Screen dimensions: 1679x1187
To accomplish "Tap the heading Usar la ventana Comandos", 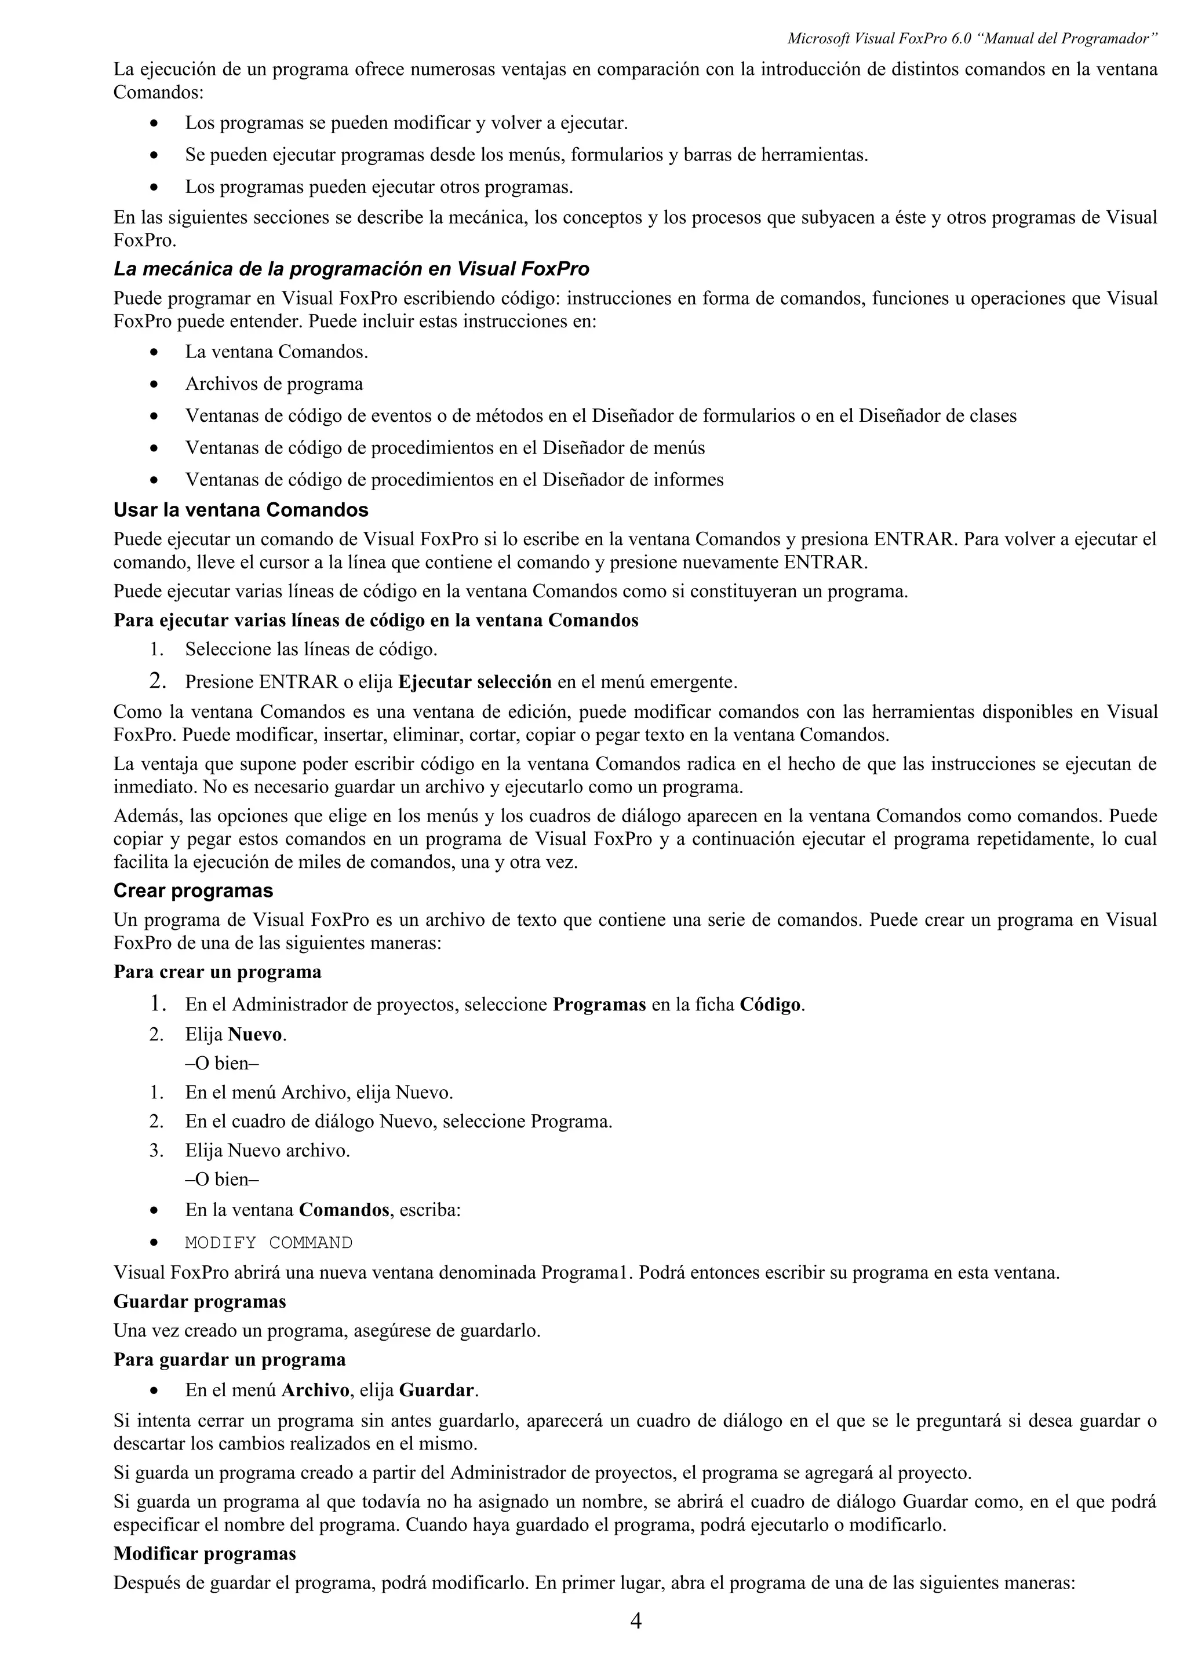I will click(241, 510).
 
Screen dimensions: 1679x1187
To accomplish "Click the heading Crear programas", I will click(193, 890).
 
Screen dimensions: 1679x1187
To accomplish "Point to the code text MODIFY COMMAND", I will click(268, 1242).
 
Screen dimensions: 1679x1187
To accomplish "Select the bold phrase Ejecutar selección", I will click(474, 682).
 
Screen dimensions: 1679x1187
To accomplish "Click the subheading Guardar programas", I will click(199, 1302).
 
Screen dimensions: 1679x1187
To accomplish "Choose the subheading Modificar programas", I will click(205, 1553).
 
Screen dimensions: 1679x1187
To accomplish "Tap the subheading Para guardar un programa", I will click(230, 1359).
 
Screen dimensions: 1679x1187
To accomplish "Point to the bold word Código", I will click(770, 1005).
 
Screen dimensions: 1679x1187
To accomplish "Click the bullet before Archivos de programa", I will click(154, 385).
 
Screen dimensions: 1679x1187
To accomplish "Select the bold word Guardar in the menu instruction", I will click(436, 1389).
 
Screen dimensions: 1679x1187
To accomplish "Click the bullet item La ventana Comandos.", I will click(276, 352).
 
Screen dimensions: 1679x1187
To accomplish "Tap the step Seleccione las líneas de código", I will click(311, 649).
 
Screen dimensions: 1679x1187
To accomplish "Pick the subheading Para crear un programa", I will click(217, 972).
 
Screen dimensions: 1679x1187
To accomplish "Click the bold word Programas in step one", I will click(599, 1005).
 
